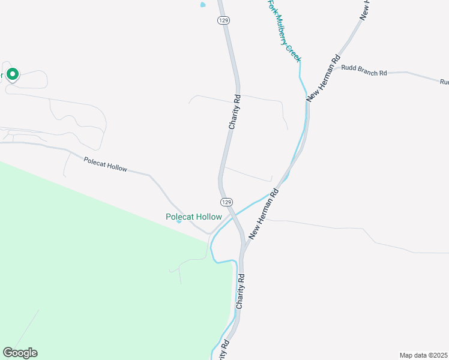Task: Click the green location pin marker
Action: point(13,74)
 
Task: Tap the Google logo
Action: point(20,353)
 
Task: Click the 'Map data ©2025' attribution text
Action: point(424,355)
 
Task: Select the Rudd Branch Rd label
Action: point(364,73)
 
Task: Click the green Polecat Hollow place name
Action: point(194,217)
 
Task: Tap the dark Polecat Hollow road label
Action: point(106,164)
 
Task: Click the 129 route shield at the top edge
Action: point(224,20)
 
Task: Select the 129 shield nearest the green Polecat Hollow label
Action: point(226,202)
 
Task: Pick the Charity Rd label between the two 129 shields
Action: point(234,112)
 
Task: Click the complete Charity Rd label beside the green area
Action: point(241,292)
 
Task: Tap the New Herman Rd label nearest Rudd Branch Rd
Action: point(323,79)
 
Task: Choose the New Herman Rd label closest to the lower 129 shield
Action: point(265,215)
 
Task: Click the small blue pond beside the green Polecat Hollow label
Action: point(179,221)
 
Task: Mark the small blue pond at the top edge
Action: point(202,5)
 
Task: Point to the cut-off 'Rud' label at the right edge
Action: point(444,82)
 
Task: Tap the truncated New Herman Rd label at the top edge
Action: point(364,10)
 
